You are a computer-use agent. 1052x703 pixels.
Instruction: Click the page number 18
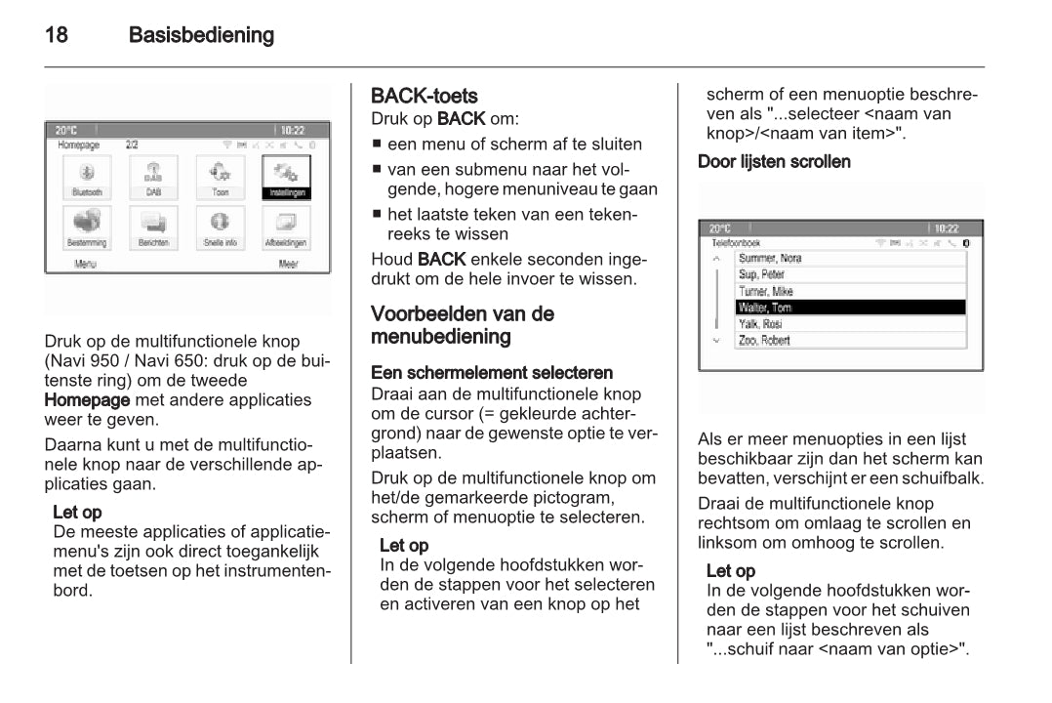point(57,36)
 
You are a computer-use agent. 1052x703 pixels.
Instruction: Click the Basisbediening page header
point(201,36)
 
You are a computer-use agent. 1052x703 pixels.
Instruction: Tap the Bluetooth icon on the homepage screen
point(87,177)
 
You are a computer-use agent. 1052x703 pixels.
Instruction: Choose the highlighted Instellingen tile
point(286,177)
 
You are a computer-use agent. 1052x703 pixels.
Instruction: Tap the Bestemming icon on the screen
point(87,227)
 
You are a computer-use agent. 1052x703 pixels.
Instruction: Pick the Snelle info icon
point(220,227)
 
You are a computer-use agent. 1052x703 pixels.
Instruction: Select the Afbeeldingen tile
point(286,227)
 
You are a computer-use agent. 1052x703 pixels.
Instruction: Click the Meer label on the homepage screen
point(288,264)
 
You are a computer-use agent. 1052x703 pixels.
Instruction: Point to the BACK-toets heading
point(425,96)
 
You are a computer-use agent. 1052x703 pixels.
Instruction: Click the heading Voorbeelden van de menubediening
point(463,325)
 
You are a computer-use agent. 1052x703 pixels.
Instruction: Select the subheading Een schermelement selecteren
point(492,373)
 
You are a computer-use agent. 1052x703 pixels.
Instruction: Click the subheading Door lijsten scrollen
point(774,161)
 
